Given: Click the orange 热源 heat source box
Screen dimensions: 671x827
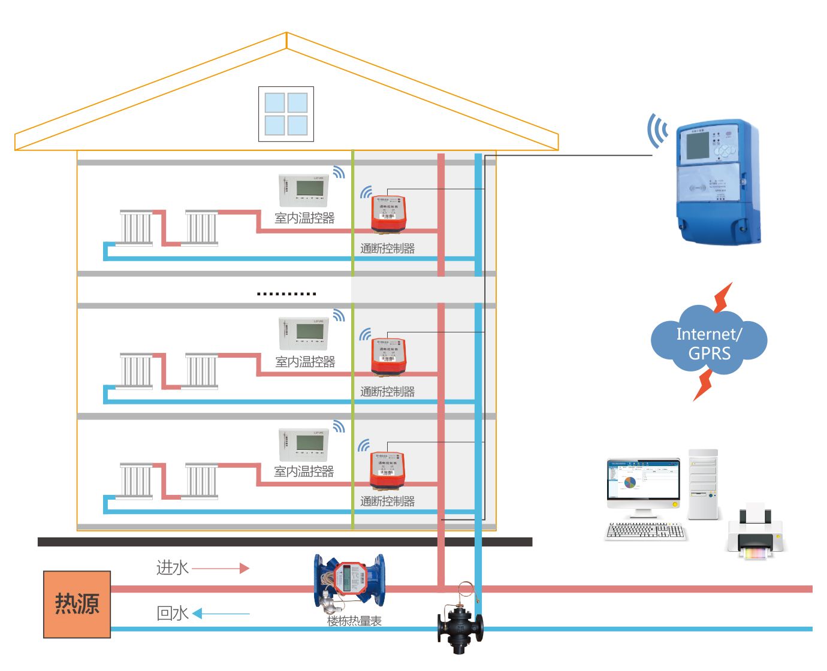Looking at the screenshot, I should (77, 604).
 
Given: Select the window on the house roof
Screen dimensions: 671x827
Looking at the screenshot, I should (286, 114).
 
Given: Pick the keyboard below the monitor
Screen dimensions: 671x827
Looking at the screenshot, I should (645, 531).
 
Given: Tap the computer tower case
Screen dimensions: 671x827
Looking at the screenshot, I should (703, 484).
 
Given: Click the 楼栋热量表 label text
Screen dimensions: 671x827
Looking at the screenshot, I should (354, 621).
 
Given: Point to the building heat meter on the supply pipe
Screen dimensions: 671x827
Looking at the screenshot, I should (350, 581).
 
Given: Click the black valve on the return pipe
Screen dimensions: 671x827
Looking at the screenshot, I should (460, 626).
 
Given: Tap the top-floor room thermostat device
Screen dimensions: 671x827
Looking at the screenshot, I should (304, 190).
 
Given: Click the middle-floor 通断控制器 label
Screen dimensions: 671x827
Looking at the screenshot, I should (387, 392).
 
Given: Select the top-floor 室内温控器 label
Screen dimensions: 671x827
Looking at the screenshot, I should (304, 219).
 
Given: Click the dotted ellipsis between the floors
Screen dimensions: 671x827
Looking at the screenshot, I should (286, 294).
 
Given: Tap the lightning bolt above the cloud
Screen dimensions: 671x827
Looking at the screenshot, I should (723, 297).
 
